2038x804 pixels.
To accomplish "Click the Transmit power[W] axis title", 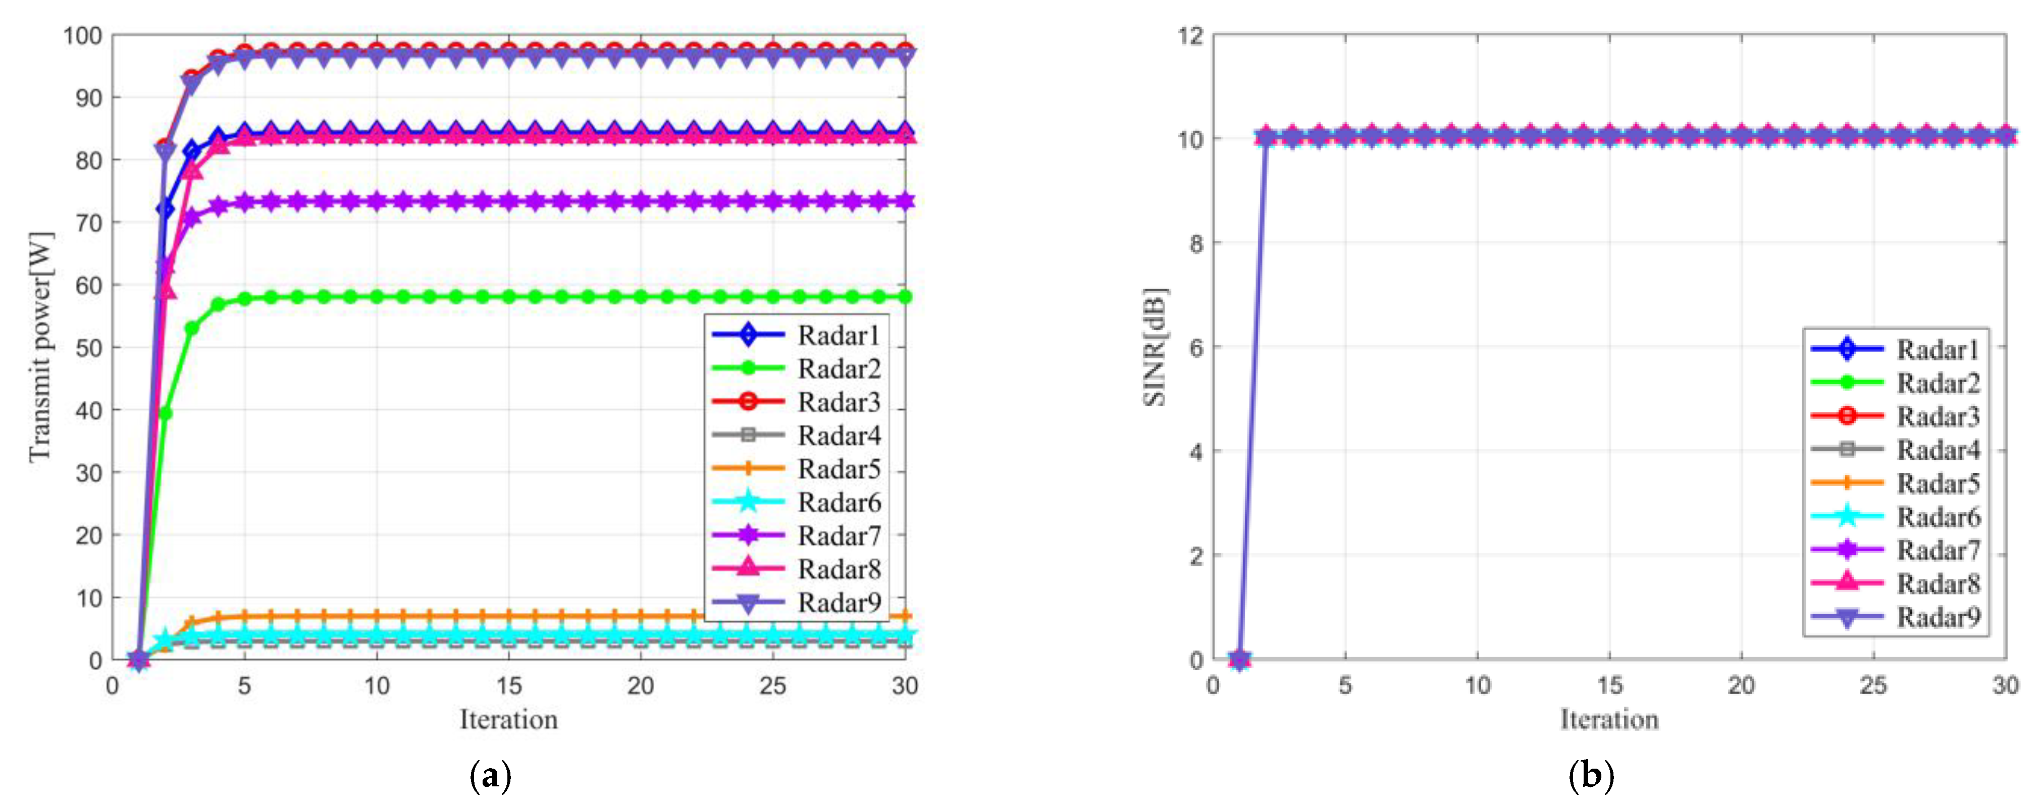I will (39, 347).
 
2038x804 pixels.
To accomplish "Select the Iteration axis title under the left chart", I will (509, 719).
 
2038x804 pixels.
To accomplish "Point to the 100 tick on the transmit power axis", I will (82, 36).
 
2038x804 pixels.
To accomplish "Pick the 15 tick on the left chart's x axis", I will (509, 685).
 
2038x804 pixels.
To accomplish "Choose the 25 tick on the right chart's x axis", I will (1872, 685).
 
